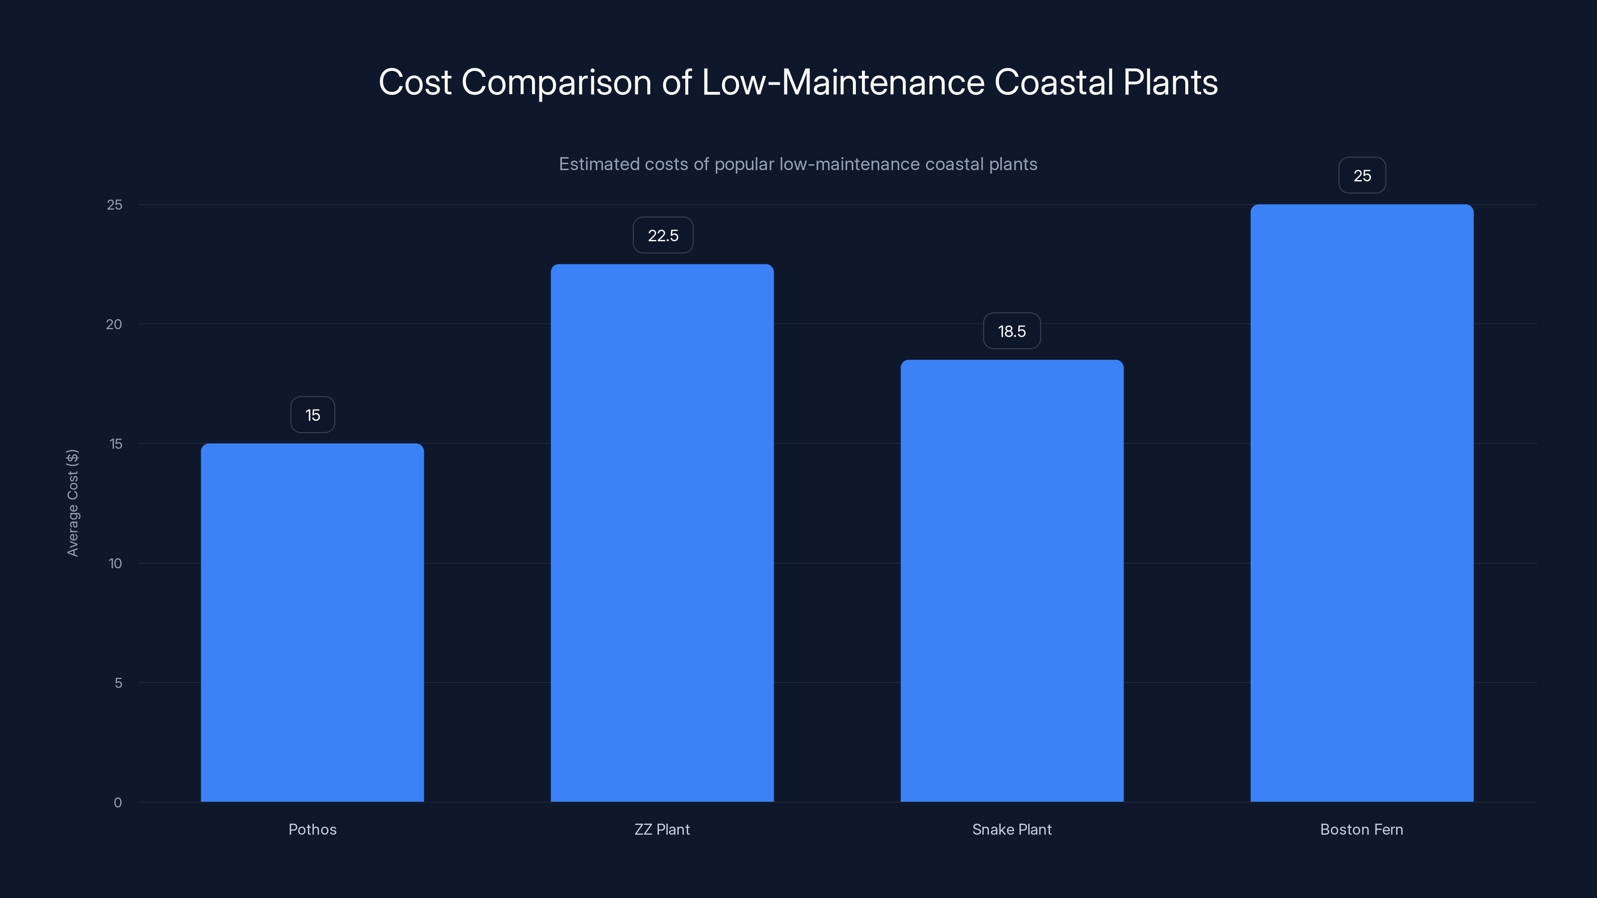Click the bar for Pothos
point(312,622)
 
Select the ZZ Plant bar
point(662,533)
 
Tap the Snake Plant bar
point(1012,581)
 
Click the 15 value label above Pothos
point(312,415)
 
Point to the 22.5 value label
point(663,235)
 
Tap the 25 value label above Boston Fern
point(1362,176)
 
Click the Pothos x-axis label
point(312,829)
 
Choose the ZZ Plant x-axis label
point(662,829)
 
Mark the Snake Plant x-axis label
point(1012,829)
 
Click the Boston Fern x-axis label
point(1361,829)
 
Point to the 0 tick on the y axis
point(118,803)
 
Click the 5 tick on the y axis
point(118,683)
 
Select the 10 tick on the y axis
point(115,563)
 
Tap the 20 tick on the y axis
point(114,324)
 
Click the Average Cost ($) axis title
point(72,502)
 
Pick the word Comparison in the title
point(556,83)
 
